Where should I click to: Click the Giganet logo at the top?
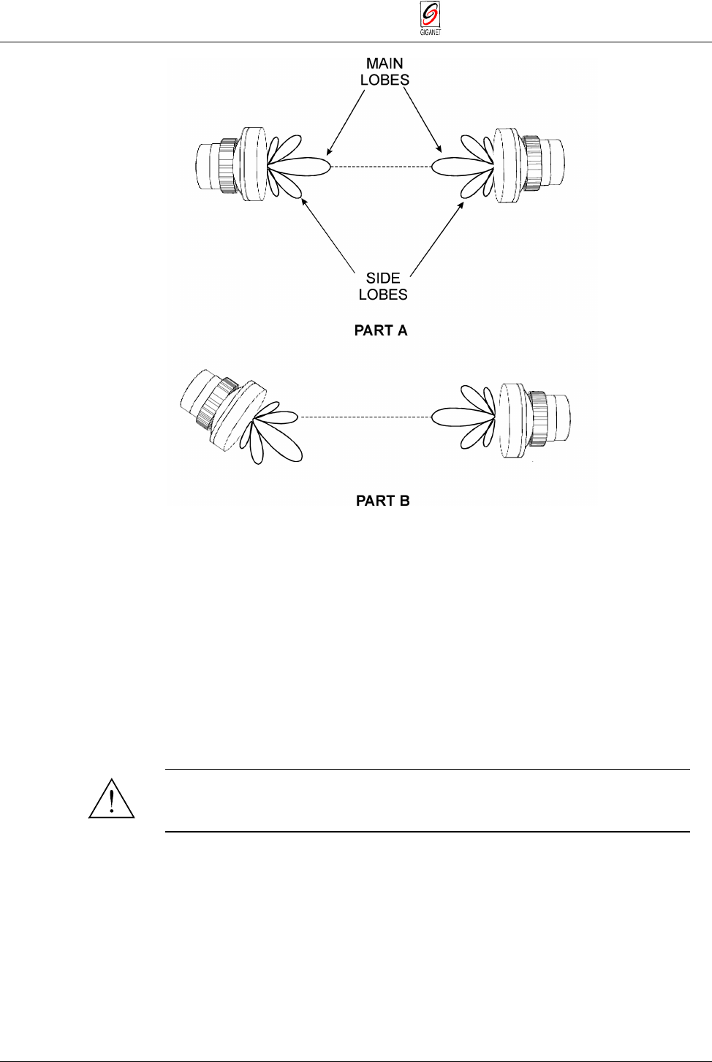pos(431,19)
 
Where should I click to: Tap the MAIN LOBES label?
pos(385,72)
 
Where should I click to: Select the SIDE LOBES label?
pos(383,286)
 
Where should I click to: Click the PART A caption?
pos(381,330)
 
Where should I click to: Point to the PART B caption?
pos(382,501)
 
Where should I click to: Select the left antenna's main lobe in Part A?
pos(303,167)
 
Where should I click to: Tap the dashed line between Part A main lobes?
pos(381,167)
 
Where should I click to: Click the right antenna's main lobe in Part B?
pos(461,417)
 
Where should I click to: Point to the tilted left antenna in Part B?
pos(219,409)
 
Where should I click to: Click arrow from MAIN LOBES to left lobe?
pos(345,121)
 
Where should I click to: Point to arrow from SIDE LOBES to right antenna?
pos(436,239)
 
